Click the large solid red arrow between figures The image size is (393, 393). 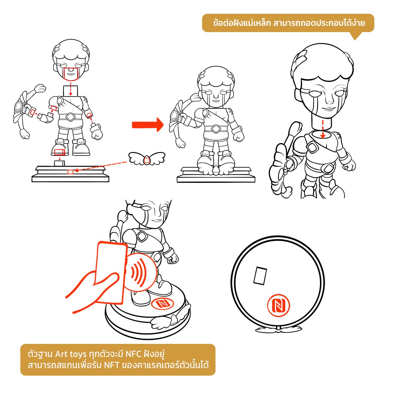[x=148, y=124]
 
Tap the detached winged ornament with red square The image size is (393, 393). [x=147, y=158]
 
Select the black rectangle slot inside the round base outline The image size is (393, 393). [x=260, y=275]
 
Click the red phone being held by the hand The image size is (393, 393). [x=111, y=272]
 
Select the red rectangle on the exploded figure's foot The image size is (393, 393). [x=60, y=152]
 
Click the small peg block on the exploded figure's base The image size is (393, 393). [x=59, y=163]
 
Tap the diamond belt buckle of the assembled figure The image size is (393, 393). [x=215, y=128]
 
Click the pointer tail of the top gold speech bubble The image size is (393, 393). [x=355, y=36]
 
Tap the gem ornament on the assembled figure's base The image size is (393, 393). [x=216, y=170]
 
